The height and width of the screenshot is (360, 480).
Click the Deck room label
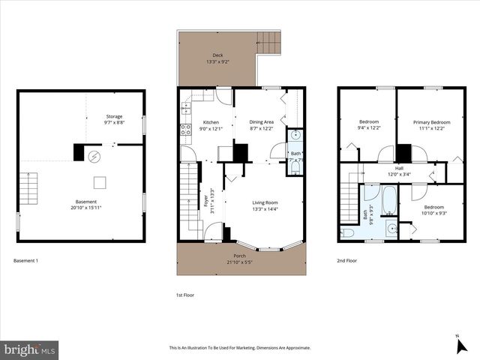[217, 55]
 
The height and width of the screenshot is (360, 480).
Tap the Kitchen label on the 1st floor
[211, 122]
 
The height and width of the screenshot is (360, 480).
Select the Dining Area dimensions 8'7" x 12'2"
[262, 128]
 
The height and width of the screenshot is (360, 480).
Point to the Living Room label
[265, 202]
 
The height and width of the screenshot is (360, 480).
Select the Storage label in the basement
[114, 116]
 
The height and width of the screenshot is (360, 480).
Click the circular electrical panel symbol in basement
[94, 156]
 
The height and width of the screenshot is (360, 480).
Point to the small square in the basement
[100, 181]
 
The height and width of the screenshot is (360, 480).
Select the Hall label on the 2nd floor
[399, 168]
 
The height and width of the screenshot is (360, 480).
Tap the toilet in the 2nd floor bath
[348, 233]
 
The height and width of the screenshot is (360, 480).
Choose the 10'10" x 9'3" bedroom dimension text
[433, 213]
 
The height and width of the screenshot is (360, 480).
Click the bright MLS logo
[30, 349]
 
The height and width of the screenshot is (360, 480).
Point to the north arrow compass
[460, 344]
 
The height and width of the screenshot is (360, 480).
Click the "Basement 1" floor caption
[26, 260]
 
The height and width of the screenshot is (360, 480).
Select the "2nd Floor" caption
[346, 260]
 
